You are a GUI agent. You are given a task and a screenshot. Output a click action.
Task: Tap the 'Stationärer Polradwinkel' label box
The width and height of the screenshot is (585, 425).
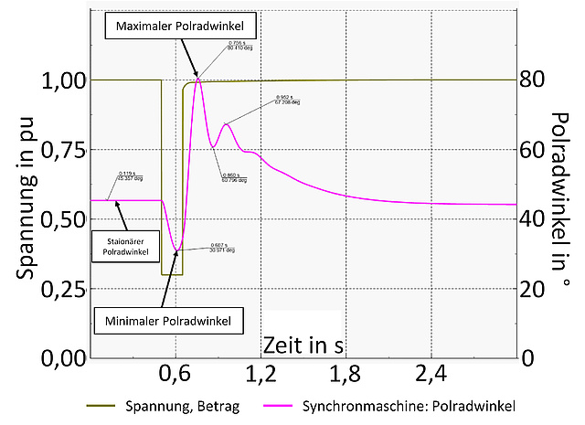point(121,244)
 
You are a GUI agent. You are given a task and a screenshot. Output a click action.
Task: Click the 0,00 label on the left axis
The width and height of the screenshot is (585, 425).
point(59,358)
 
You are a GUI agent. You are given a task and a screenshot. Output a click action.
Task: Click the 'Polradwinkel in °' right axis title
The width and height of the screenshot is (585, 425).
point(560,201)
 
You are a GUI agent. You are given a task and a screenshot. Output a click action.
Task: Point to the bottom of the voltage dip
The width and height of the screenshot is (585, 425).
point(172,274)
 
